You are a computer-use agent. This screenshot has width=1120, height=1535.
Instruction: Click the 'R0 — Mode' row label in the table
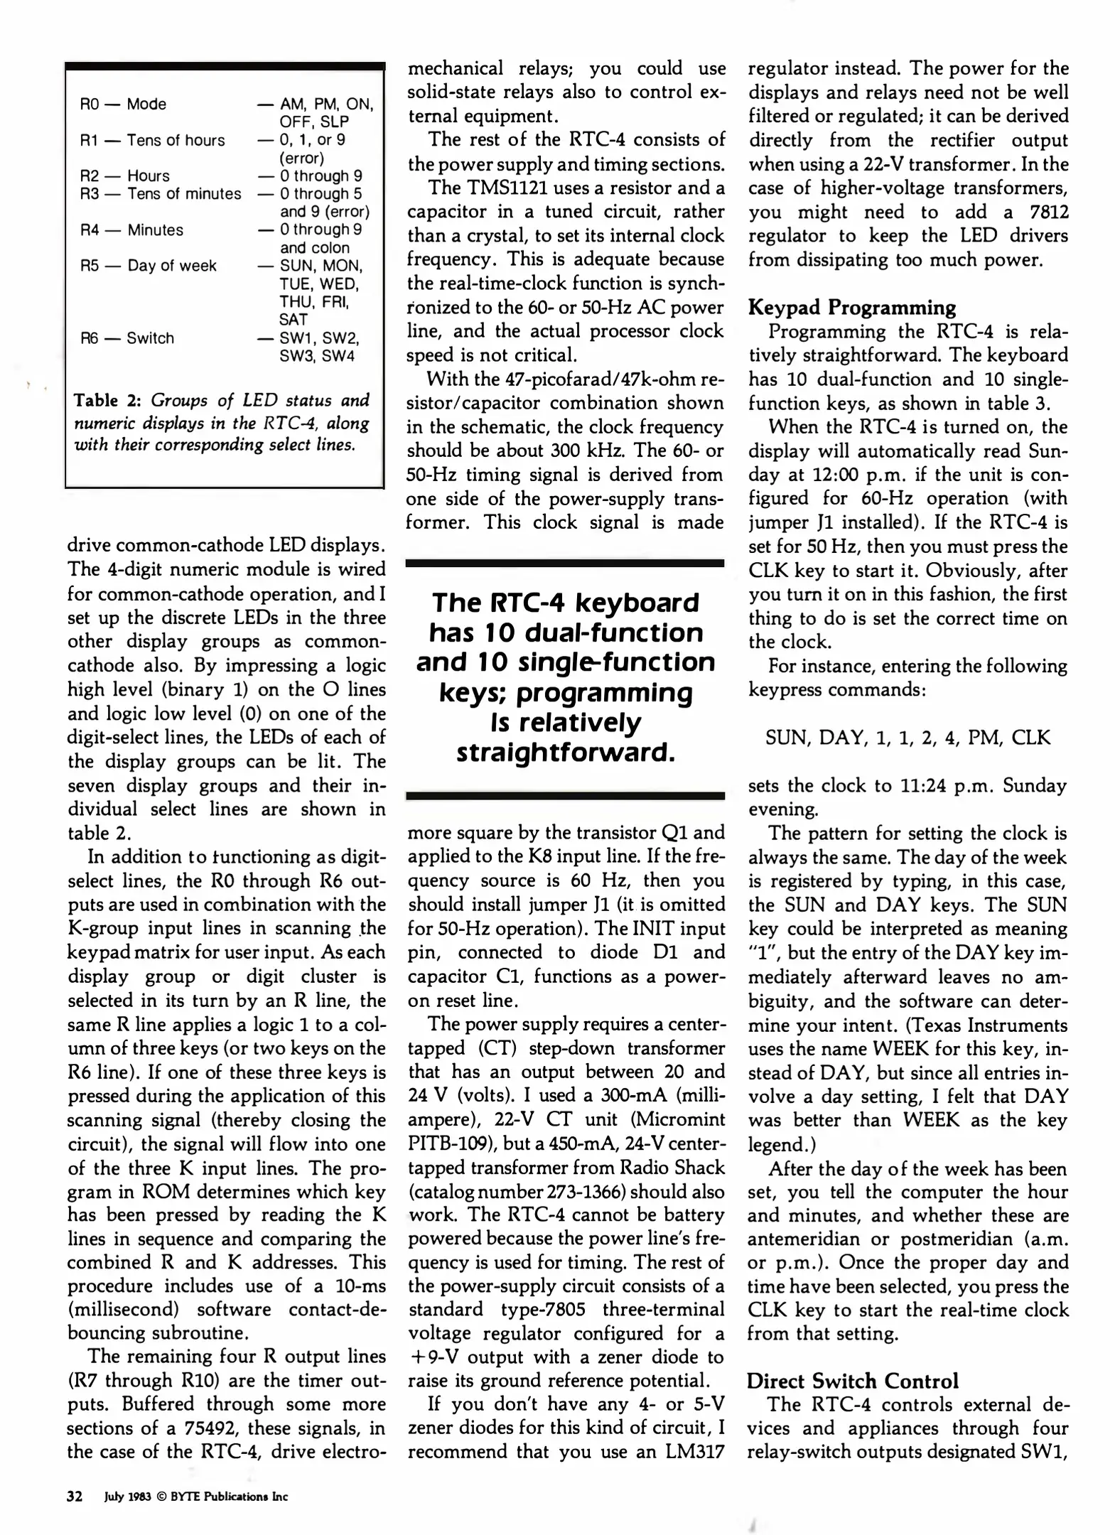click(x=123, y=104)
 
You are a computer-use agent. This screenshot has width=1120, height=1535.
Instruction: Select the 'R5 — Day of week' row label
click(x=148, y=265)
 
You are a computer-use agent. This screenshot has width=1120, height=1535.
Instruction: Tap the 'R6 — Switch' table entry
click(x=127, y=338)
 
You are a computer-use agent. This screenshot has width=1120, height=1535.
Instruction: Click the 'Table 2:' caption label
click(x=107, y=400)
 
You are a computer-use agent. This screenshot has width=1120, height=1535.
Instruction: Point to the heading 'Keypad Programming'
click(x=851, y=307)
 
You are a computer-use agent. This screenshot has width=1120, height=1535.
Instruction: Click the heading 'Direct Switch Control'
click(x=852, y=1381)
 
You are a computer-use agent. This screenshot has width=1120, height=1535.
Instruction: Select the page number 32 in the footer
click(x=75, y=1497)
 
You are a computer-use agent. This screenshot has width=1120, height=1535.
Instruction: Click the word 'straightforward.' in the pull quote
click(x=565, y=752)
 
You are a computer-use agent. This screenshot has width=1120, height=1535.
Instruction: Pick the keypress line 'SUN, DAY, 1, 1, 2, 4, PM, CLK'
click(x=908, y=737)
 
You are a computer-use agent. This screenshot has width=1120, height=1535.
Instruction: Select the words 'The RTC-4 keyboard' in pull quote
click(x=565, y=603)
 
